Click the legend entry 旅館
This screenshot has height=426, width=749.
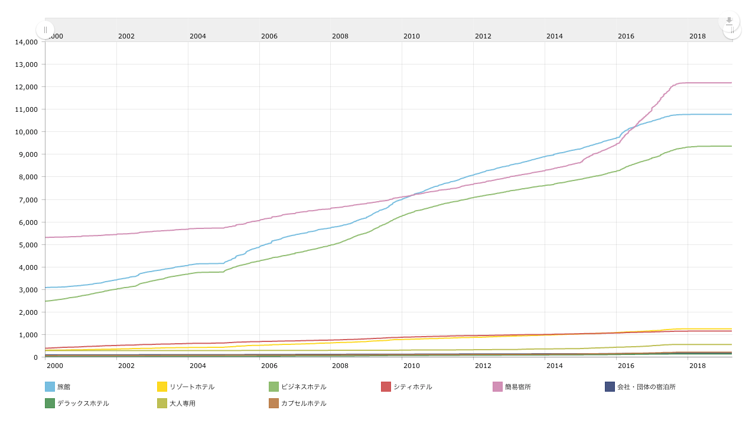[x=64, y=387]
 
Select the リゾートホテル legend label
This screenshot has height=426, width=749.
[x=192, y=387]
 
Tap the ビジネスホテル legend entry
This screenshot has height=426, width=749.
[x=304, y=387]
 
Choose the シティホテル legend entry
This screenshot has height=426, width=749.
[x=413, y=387]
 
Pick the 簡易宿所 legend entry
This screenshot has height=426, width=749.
[x=518, y=387]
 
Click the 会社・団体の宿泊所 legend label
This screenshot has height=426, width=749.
[x=646, y=387]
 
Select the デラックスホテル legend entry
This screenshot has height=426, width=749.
[x=83, y=404]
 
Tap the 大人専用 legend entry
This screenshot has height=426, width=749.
[x=183, y=404]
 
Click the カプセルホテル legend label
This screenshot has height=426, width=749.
[x=304, y=404]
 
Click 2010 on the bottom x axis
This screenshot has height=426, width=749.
[x=412, y=366]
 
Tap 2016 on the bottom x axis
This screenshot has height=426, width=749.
[x=626, y=366]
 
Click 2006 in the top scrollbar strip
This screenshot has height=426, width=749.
[x=269, y=36]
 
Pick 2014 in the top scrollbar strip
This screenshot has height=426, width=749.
[x=555, y=36]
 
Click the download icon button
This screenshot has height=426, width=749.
[x=729, y=21]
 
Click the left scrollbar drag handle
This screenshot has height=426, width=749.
[x=45, y=30]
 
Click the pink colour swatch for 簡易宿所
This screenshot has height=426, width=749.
[x=498, y=387]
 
